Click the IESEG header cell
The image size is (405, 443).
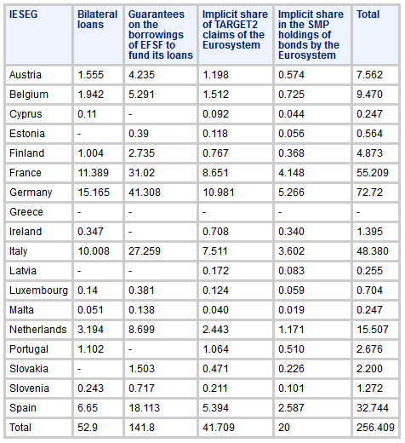pyautogui.click(x=23, y=14)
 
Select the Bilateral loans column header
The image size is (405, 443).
pyautogui.click(x=97, y=20)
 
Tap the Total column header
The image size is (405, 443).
pyautogui.click(x=368, y=14)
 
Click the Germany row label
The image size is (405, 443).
pyautogui.click(x=31, y=193)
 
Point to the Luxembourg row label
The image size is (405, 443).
pyautogui.click(x=38, y=291)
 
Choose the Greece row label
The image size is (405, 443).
pyautogui.click(x=26, y=212)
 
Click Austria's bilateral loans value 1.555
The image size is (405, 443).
pyautogui.click(x=91, y=75)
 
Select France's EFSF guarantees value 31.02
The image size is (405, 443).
pyautogui.click(x=141, y=173)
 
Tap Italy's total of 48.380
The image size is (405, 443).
pyautogui.click(x=373, y=251)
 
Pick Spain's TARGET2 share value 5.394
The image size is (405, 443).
pyautogui.click(x=215, y=408)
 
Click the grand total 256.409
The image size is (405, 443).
pyautogui.click(x=375, y=428)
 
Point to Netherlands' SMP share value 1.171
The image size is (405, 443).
pyautogui.click(x=291, y=330)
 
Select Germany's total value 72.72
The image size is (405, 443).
pyautogui.click(x=369, y=193)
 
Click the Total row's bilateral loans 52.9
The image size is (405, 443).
pyautogui.click(x=88, y=428)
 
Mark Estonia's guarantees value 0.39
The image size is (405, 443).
pyautogui.click(x=139, y=134)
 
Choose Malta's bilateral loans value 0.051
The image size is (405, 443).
pyautogui.click(x=90, y=310)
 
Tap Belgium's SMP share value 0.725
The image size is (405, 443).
pyautogui.click(x=291, y=95)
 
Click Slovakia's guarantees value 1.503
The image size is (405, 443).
pyautogui.click(x=141, y=369)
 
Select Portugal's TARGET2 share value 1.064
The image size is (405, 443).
pyautogui.click(x=215, y=349)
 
